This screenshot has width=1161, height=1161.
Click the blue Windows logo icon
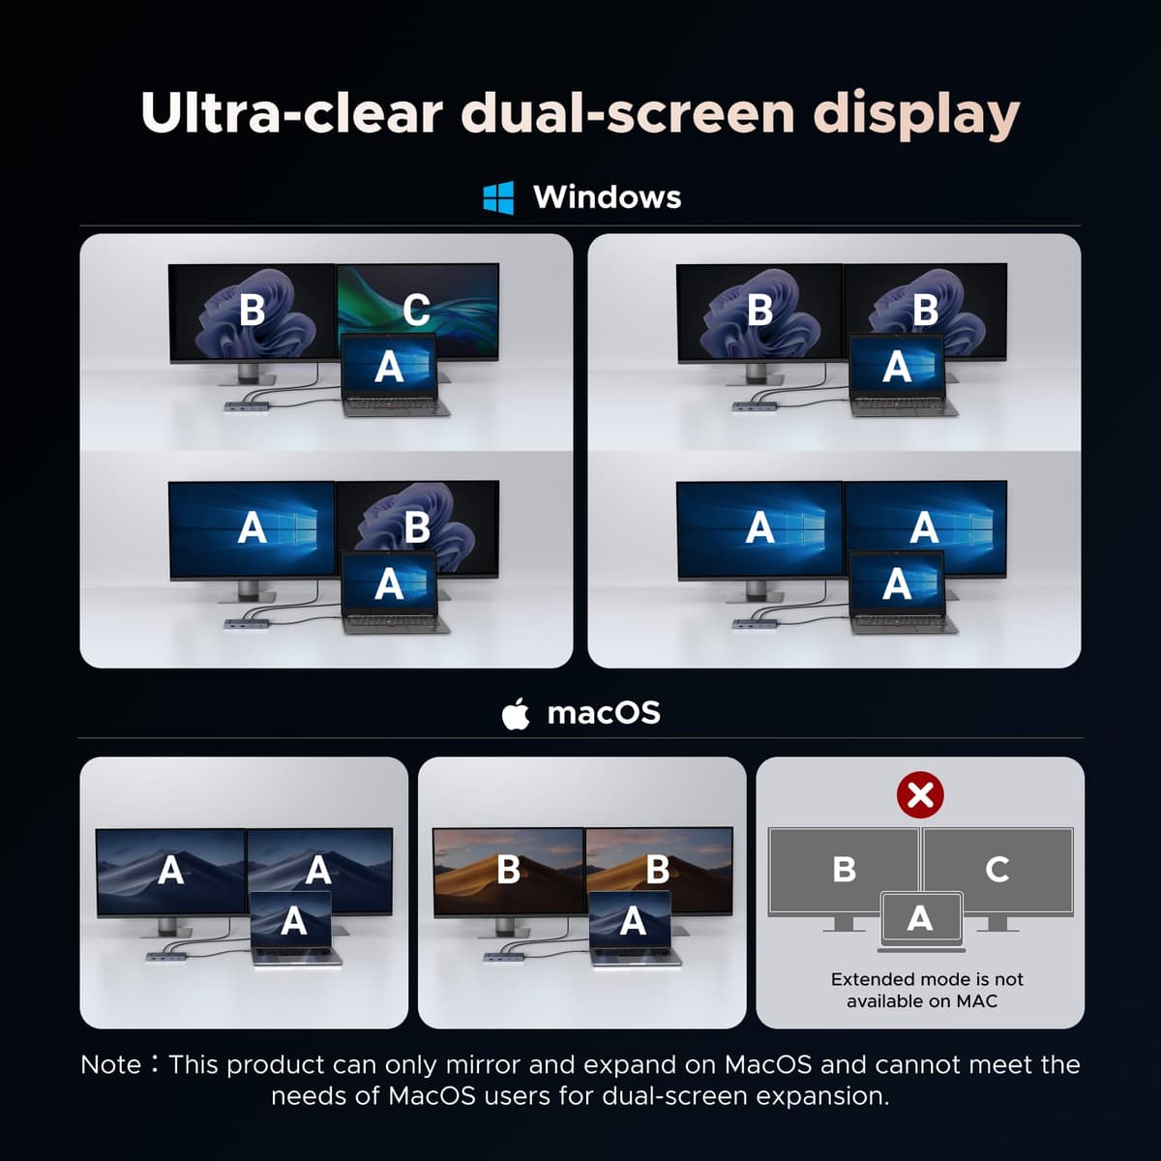point(498,197)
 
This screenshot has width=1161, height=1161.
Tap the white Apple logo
point(516,714)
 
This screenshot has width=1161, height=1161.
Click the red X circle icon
point(920,794)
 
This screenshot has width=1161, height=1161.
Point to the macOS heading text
point(604,713)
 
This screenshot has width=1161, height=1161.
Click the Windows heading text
point(608,197)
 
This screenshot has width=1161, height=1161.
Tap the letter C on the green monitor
point(416,311)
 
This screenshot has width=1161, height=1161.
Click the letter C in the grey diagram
point(997,870)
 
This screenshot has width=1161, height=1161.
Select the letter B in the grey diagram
point(844,870)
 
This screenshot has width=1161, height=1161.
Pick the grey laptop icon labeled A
point(921,921)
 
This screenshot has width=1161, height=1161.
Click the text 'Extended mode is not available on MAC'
point(927,990)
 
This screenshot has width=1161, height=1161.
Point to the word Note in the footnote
point(111,1064)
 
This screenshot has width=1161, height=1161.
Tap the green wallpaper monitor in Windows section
point(418,311)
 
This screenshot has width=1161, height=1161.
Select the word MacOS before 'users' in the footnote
point(432,1095)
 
